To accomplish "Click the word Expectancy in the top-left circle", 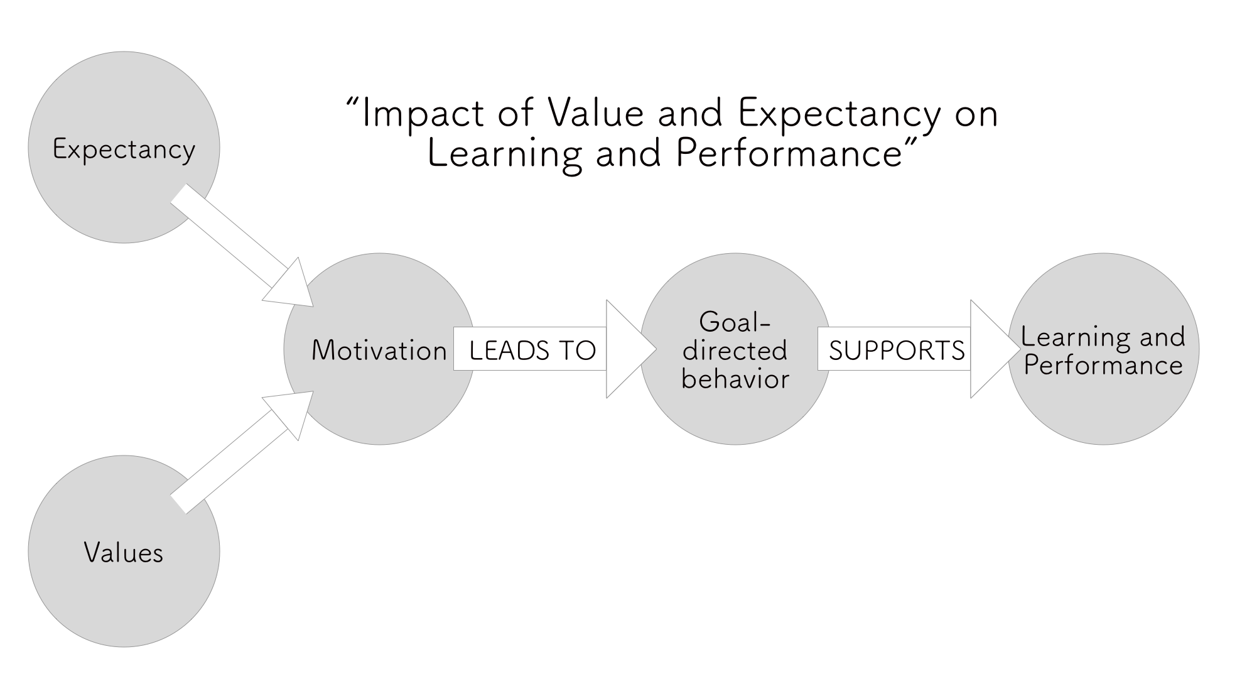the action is (124, 150).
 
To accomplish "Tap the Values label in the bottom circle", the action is (124, 553).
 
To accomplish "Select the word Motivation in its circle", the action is (379, 350).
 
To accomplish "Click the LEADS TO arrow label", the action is (532, 350).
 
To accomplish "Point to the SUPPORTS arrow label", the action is (897, 350).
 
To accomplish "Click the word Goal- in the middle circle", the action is (735, 322).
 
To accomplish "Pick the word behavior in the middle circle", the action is (735, 378).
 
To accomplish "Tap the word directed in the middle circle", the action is (735, 350).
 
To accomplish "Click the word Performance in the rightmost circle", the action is (1103, 365).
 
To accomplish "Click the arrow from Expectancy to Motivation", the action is (242, 246).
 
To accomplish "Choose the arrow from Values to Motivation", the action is (242, 452).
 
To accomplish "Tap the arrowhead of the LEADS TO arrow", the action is (631, 349).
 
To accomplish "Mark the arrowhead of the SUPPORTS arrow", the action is (995, 349).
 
